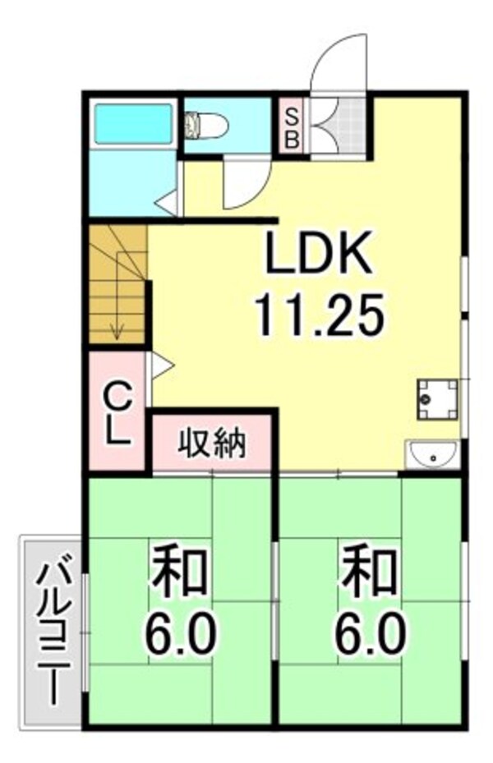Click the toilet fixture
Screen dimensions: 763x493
click(x=206, y=126)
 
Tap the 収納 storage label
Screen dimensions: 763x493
click(x=213, y=445)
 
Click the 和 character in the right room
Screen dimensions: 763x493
click(x=368, y=574)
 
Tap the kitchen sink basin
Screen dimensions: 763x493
click(x=432, y=455)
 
